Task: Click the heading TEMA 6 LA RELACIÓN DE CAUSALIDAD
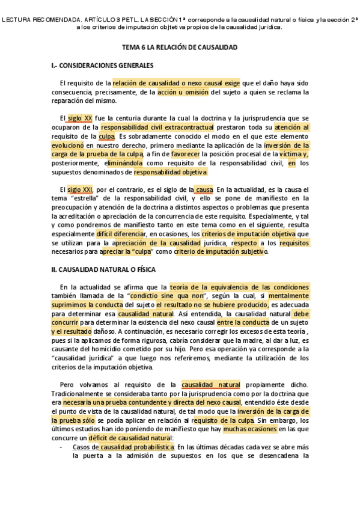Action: (x=180, y=47)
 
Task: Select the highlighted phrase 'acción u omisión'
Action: (x=183, y=92)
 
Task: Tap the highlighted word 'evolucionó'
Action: (x=68, y=145)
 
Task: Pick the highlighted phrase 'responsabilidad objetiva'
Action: (x=170, y=172)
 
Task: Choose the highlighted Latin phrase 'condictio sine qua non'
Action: (x=161, y=296)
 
